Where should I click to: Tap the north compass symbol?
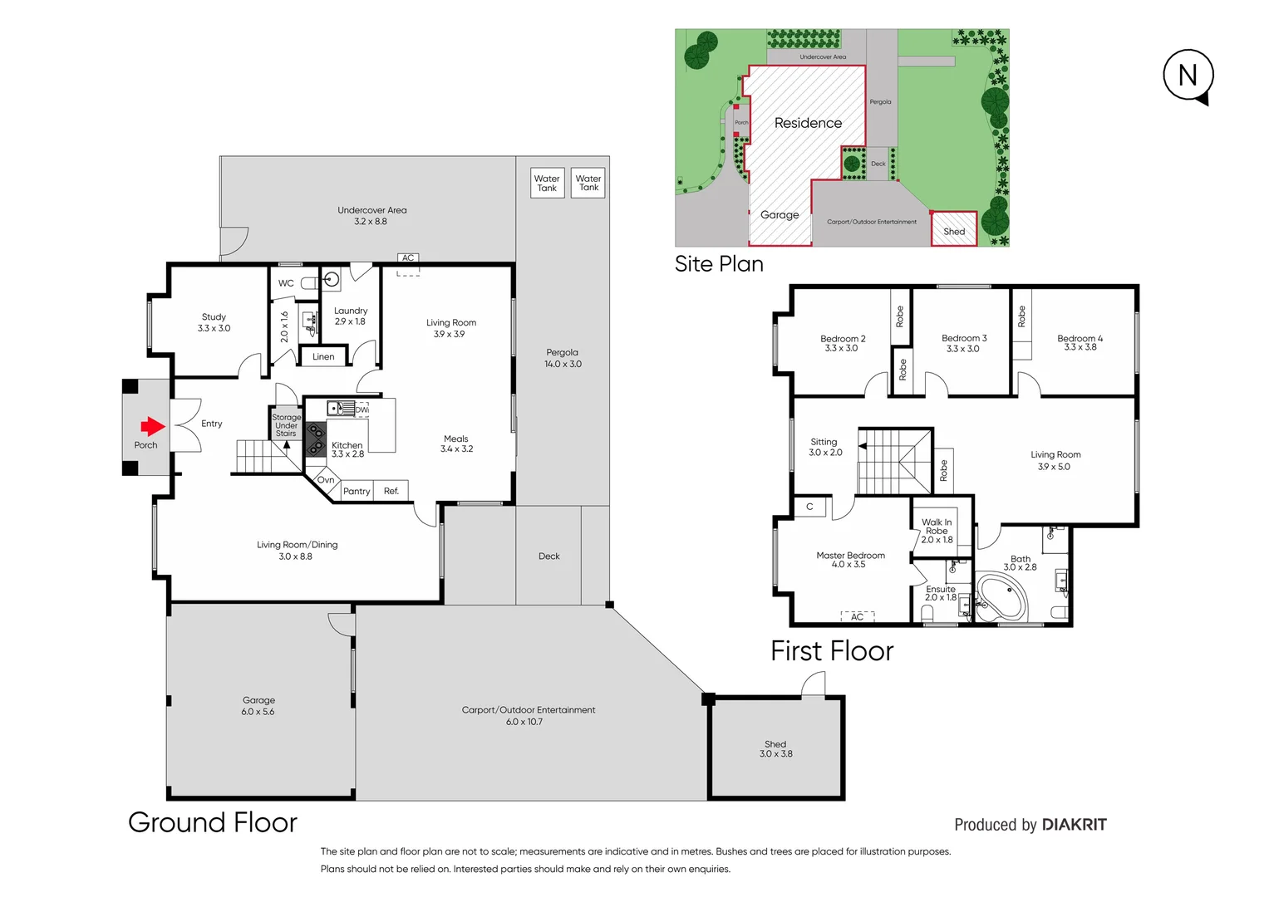1188,76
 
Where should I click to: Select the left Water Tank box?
547,183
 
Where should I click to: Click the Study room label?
214,317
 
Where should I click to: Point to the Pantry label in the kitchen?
357,492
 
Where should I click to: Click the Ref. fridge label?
391,492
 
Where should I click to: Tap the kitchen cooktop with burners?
316,440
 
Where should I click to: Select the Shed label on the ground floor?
775,744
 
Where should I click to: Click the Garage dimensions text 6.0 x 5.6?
258,712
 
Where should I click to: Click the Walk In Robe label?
937,527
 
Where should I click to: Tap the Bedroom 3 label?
964,338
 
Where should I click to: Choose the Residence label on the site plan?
808,123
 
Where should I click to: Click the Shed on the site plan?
954,230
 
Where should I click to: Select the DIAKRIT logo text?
1074,825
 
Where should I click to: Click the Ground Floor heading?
213,822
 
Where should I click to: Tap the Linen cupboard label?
323,357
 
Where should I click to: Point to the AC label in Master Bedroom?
857,617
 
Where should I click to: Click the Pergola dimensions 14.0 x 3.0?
563,364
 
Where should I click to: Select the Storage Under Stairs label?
286,425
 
